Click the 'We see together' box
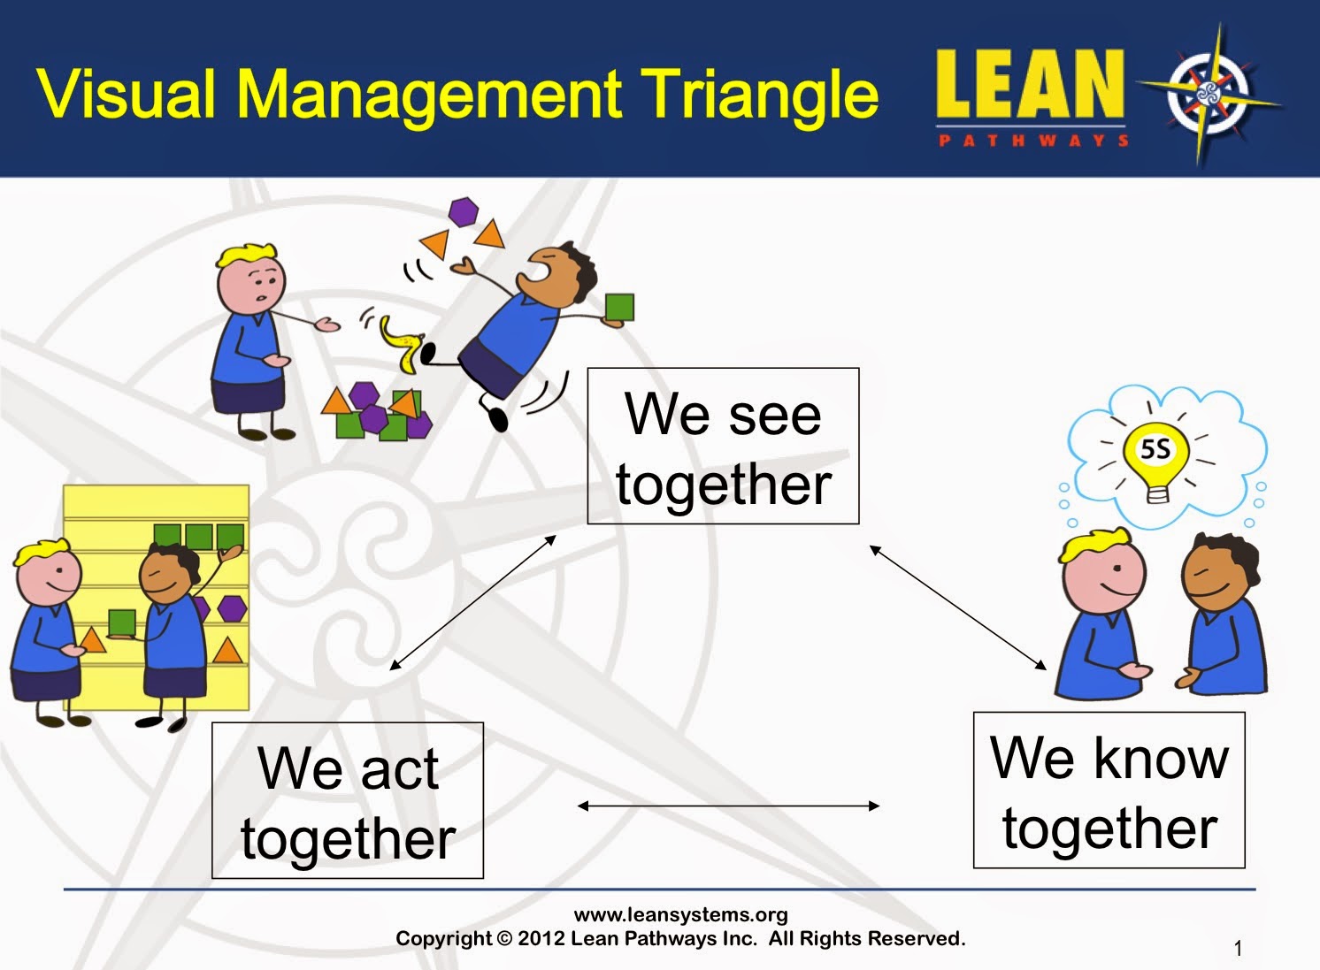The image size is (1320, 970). coord(723,446)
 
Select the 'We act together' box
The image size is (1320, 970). coord(348,800)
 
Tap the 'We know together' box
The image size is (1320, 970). coord(1109,791)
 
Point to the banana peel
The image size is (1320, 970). coord(402,345)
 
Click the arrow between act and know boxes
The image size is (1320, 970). coord(728,806)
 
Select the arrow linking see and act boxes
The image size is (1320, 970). coord(473,602)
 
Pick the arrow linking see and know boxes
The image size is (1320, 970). coord(958,607)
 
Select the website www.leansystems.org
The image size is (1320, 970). coord(680,914)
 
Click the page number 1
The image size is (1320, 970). coord(1238,948)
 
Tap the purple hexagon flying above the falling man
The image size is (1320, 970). coord(464,212)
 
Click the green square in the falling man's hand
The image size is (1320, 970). coord(620,308)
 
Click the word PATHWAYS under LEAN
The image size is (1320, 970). coord(1033,141)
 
